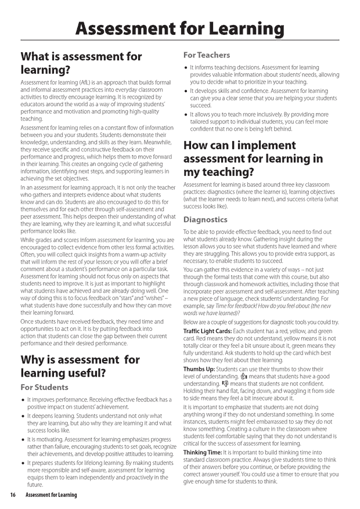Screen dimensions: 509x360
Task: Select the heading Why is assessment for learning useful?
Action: [80, 366]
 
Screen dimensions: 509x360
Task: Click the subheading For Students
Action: [44, 387]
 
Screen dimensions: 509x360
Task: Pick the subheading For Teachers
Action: [207, 55]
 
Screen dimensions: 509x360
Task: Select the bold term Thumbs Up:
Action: [200, 369]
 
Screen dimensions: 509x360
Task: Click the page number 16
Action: [12, 495]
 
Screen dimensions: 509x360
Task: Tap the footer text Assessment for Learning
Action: [51, 495]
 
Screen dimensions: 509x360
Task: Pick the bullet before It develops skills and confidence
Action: [185, 92]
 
